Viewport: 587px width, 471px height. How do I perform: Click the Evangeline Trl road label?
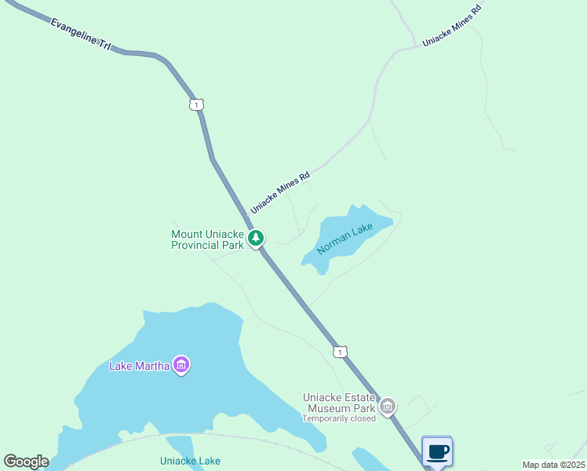pos(82,35)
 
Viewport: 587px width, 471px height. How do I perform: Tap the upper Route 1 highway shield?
pos(196,104)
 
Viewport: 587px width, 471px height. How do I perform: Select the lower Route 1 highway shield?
pos(339,352)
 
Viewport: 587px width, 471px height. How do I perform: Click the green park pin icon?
pos(255,238)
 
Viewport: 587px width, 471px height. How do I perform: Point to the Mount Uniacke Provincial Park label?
pos(208,239)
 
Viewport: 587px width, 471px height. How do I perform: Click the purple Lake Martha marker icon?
pos(182,365)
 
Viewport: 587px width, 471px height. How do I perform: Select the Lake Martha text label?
pos(139,366)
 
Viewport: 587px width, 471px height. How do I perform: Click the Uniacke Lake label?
pos(190,461)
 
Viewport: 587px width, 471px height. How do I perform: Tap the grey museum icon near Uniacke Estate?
pos(388,407)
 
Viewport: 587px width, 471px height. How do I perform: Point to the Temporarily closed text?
pos(339,418)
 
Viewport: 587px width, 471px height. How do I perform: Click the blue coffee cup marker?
pos(437,452)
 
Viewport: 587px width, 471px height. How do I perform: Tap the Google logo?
pos(26,462)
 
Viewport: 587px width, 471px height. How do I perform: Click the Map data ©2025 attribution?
pos(552,465)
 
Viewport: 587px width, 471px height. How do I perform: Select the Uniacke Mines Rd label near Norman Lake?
pos(280,192)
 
